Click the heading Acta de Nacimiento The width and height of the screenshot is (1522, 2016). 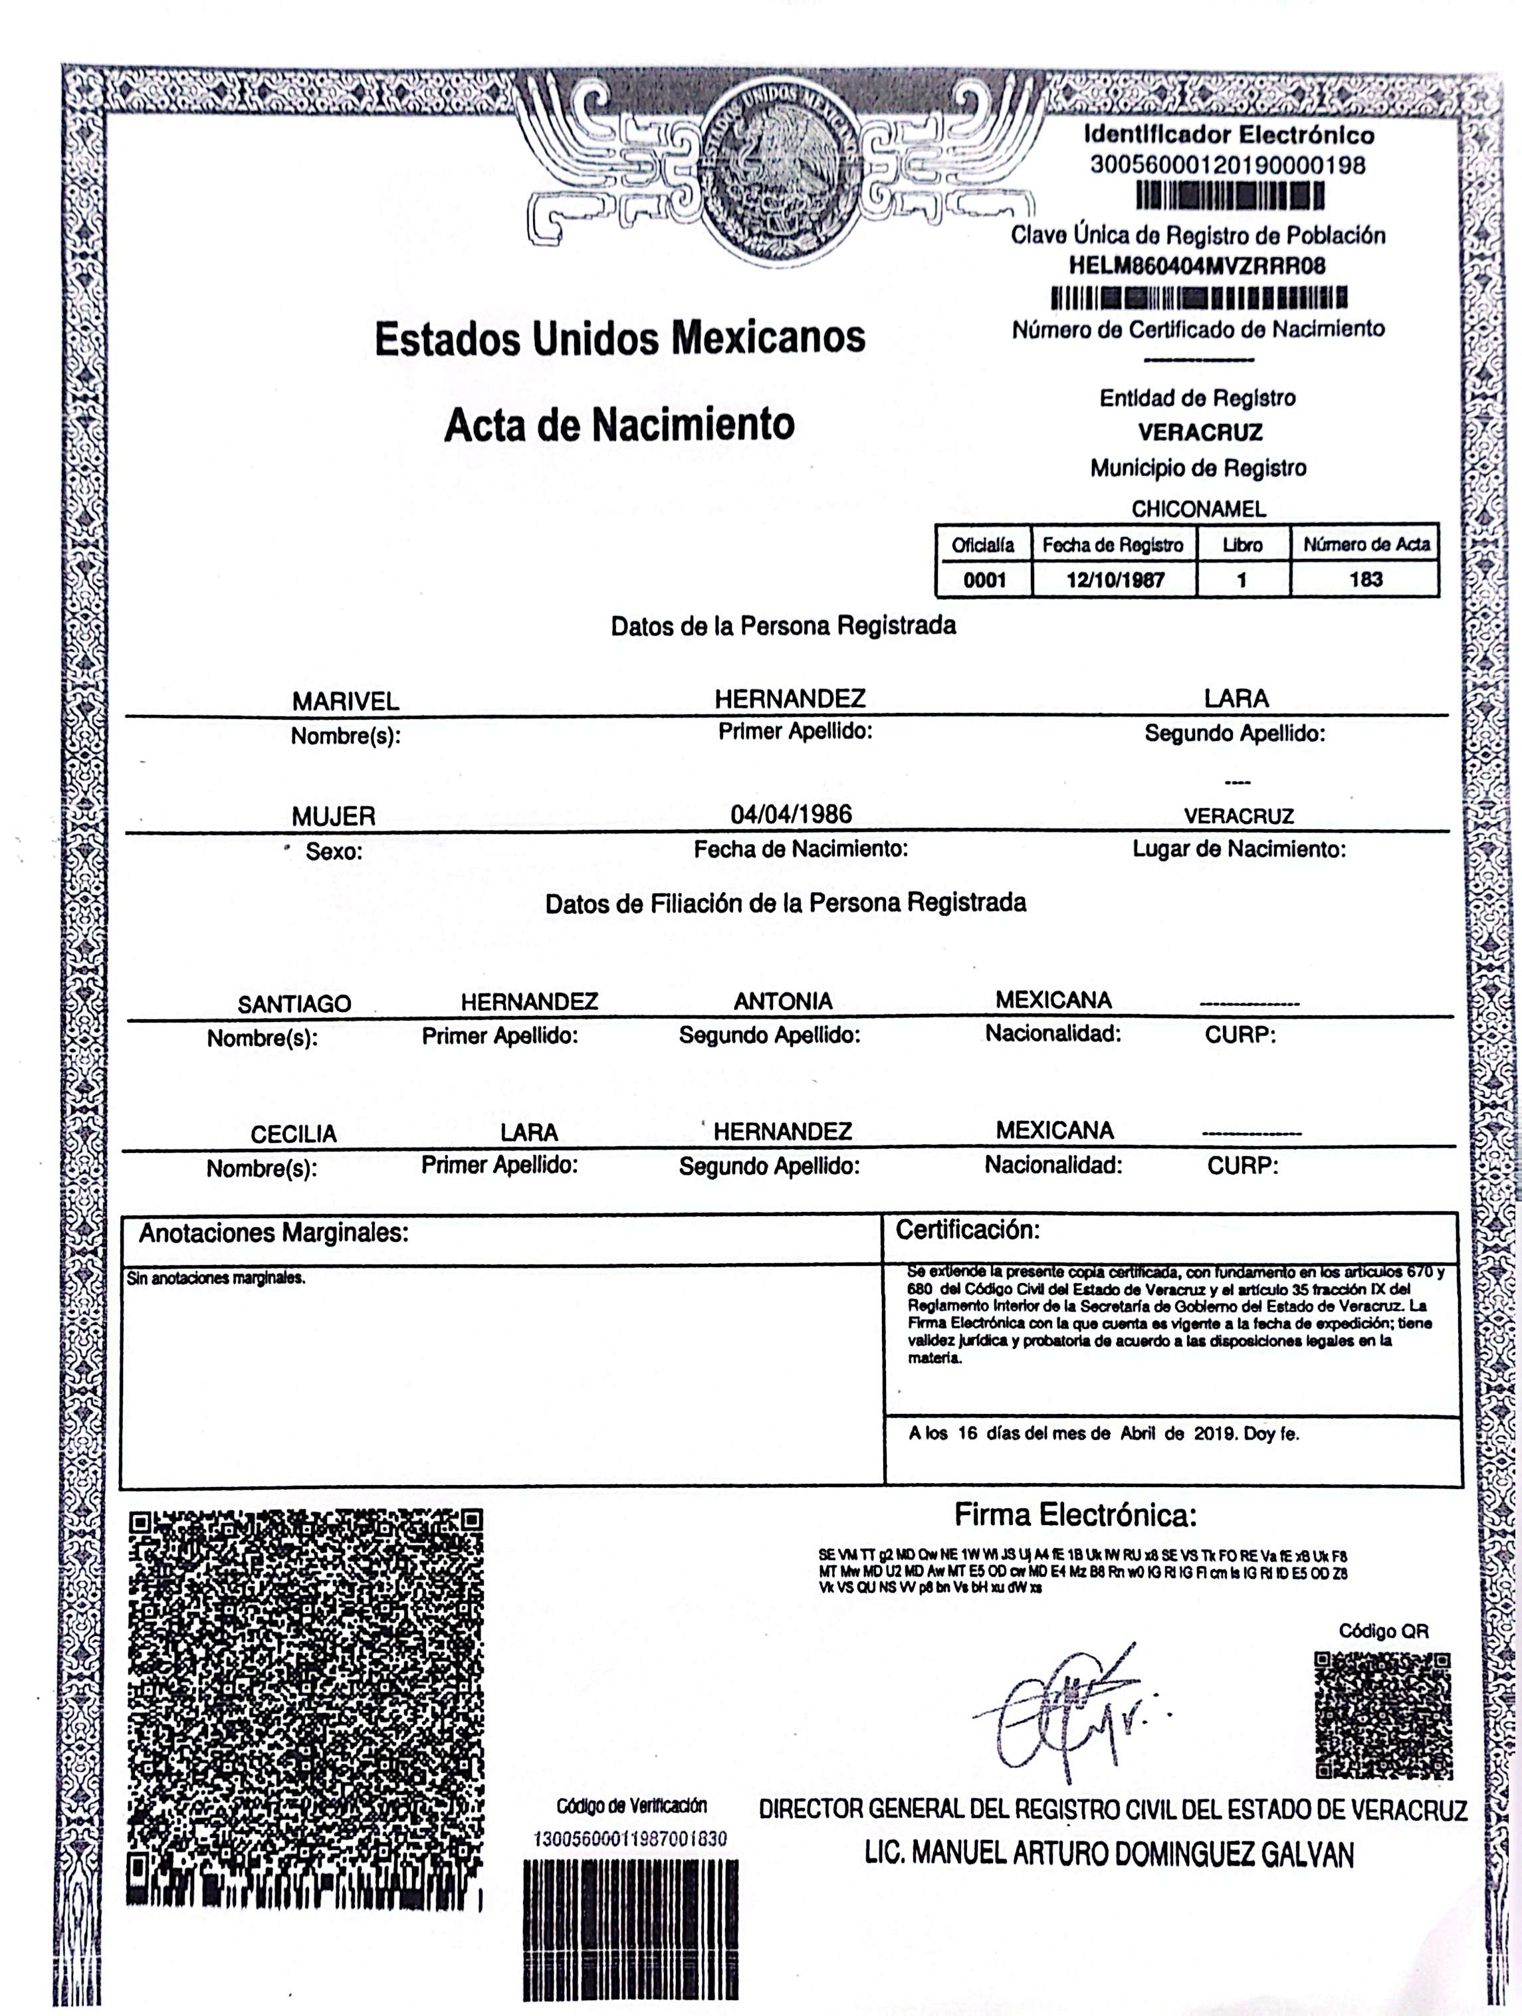tap(619, 425)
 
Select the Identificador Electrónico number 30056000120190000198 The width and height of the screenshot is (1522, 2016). tap(1228, 166)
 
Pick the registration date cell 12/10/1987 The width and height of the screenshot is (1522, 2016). tap(1115, 579)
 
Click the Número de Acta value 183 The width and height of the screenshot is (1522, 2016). tap(1365, 579)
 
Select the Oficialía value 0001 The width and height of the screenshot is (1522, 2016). tap(984, 579)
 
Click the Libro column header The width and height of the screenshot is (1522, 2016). tap(1242, 545)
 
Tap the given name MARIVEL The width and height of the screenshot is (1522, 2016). tap(346, 701)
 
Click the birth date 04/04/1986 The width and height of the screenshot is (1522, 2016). tap(791, 814)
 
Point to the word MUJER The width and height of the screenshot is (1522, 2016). tap(334, 817)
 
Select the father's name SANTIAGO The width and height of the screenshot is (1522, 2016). tap(294, 1003)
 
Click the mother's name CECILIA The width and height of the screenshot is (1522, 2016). tap(294, 1134)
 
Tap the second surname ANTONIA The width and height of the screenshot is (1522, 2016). tap(783, 1001)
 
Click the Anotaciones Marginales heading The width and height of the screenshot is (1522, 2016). tap(273, 1233)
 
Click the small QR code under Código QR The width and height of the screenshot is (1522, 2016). tap(1382, 1714)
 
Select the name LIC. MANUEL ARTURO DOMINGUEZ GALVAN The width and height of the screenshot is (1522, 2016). tap(1109, 1854)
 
